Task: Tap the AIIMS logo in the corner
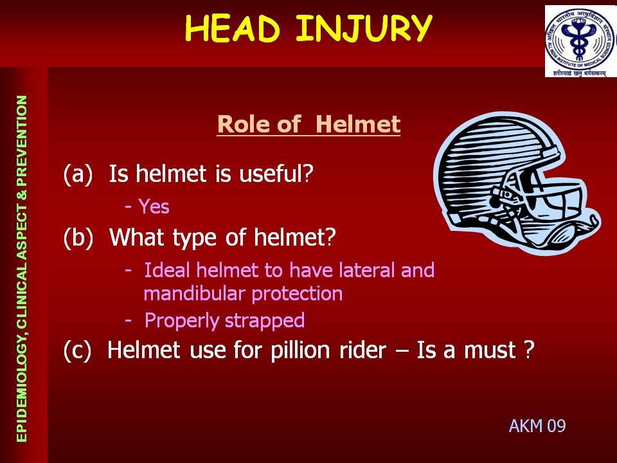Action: [580, 41]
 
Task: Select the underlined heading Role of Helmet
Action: [308, 124]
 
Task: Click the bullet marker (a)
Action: [78, 174]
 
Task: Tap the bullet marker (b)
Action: [78, 237]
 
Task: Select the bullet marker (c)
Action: [78, 350]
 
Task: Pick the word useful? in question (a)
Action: [276, 173]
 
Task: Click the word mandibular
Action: [194, 293]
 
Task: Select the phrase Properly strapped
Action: [224, 320]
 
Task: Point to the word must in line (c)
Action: [490, 350]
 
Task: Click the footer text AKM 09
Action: [537, 426]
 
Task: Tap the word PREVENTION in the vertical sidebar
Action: [22, 141]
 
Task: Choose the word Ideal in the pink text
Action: [167, 269]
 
